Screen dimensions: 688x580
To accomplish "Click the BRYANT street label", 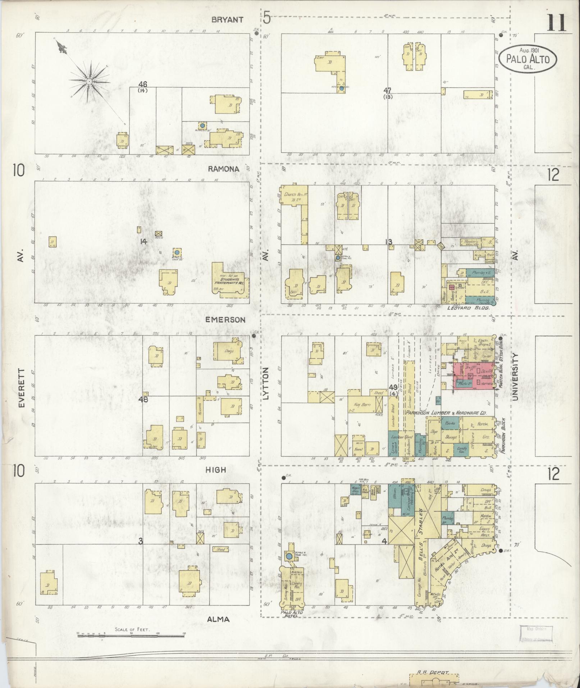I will coord(228,20).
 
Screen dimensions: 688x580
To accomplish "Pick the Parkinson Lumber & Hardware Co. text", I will coord(446,413).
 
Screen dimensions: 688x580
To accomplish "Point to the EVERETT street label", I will coord(21,388).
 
